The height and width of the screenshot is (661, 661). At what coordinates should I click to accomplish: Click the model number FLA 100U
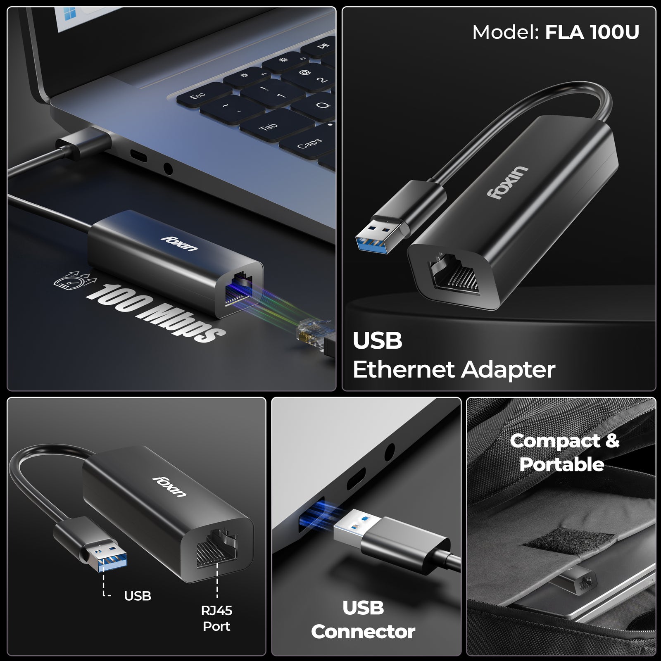coord(592,32)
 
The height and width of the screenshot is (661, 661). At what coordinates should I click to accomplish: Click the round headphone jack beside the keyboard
coord(168,169)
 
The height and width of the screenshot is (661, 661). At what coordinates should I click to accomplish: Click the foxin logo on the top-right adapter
coord(508,182)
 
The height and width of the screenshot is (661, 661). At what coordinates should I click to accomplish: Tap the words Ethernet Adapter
coord(454,369)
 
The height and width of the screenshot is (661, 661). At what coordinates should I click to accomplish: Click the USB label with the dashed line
coord(138,596)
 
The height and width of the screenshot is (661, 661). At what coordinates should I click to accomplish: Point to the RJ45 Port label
coord(216,618)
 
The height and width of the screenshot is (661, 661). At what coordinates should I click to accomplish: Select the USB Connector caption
coord(363,620)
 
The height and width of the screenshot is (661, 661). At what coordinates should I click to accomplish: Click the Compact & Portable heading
coord(564,452)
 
